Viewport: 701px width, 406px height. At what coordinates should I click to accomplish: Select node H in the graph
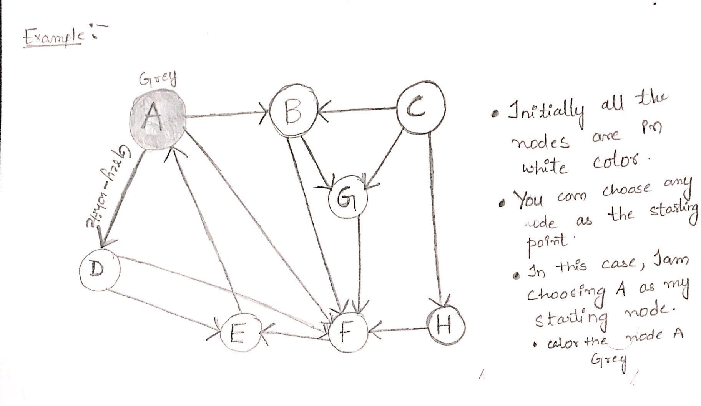pyautogui.click(x=446, y=326)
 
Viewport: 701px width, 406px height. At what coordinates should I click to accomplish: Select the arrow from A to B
pyautogui.click(x=227, y=115)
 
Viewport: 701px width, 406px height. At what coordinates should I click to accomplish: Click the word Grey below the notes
pyautogui.click(x=609, y=361)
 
